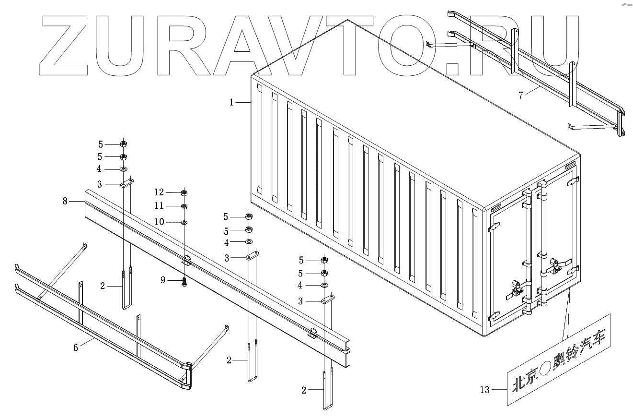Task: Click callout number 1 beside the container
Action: pyautogui.click(x=231, y=102)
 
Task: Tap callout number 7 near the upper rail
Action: pyautogui.click(x=521, y=95)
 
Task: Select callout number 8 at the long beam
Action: pyautogui.click(x=65, y=201)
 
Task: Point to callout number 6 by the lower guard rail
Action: pyautogui.click(x=75, y=347)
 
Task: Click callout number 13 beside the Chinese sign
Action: pyautogui.click(x=485, y=390)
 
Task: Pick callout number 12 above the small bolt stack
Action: pyautogui.click(x=159, y=192)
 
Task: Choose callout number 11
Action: pyautogui.click(x=159, y=206)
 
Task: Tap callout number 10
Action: pyautogui.click(x=160, y=222)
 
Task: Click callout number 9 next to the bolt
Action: pyautogui.click(x=163, y=280)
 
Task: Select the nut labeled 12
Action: pyautogui.click(x=184, y=193)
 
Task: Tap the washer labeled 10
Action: pyautogui.click(x=184, y=222)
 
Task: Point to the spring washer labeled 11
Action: pyautogui.click(x=184, y=206)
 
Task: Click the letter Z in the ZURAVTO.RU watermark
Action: pyautogui.click(x=64, y=45)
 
